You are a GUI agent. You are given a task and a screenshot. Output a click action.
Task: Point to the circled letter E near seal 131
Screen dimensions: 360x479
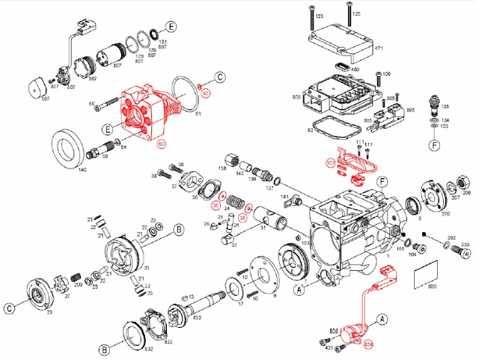[171, 28]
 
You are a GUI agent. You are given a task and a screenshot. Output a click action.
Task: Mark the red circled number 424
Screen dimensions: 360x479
[367, 346]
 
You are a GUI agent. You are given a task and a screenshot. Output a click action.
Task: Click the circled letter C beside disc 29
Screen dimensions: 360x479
[10, 308]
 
